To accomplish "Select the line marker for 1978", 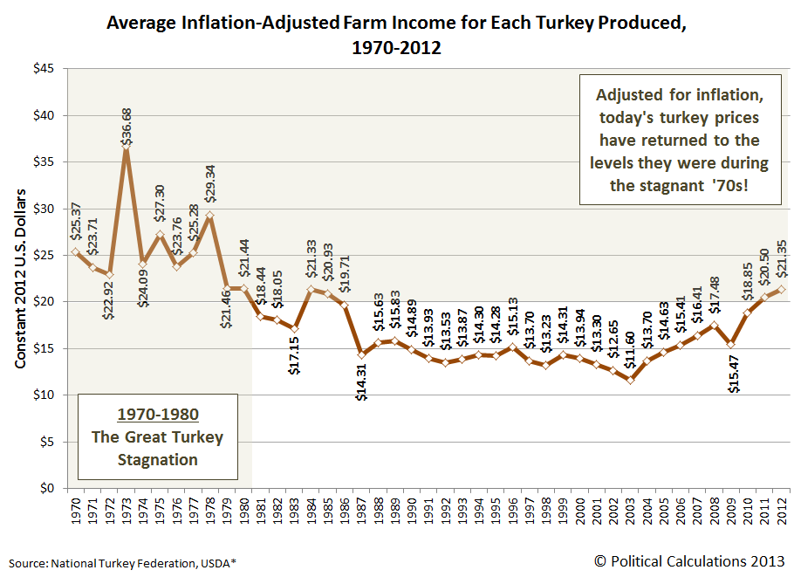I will pos(209,215).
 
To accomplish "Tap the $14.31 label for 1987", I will pos(362,383).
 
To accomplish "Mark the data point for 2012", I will pos(781,289).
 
